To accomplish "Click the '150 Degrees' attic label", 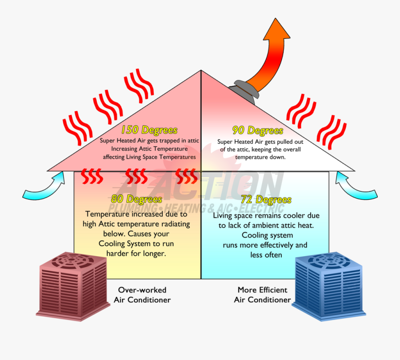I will tap(149, 130).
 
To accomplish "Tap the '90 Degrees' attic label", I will tap(257, 131).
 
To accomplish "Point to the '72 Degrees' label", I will tap(266, 200).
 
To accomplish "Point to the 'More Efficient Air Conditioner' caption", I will tap(262, 295).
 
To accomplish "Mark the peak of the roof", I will tap(201, 70).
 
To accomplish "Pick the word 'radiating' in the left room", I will tap(174, 223).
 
